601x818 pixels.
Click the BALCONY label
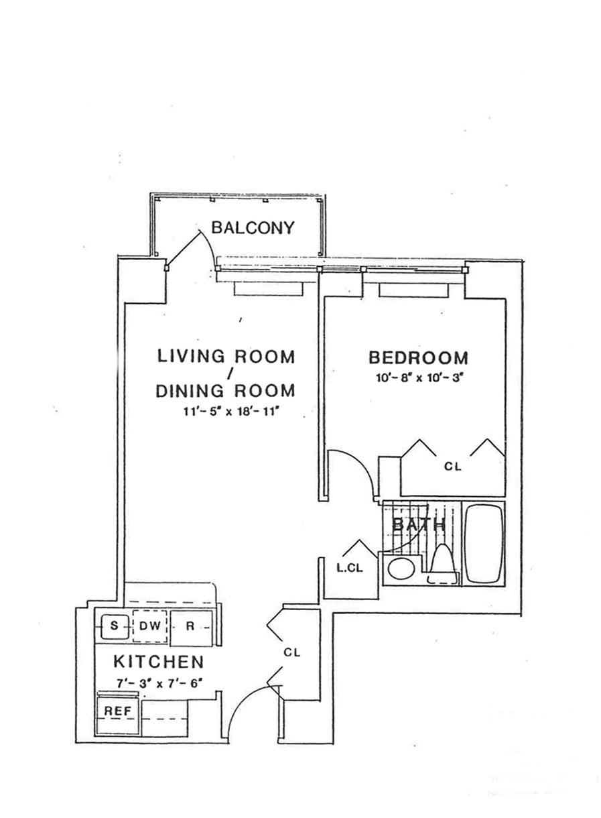pos(253,228)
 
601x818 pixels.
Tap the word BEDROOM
pos(418,357)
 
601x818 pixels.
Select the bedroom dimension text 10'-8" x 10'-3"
pos(419,377)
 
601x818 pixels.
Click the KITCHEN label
pos(158,662)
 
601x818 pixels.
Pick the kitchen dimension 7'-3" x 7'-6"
pos(159,683)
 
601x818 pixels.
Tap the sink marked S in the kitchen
pos(114,626)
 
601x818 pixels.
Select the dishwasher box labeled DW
pos(149,626)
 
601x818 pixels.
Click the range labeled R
pos(190,626)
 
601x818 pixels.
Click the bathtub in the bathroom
pos(486,543)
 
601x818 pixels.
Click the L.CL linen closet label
pos(349,569)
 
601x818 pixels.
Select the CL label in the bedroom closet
pos(453,467)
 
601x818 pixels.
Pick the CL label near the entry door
pos(292,651)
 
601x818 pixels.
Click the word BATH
pos(418,525)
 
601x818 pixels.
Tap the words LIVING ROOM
pos(226,356)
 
